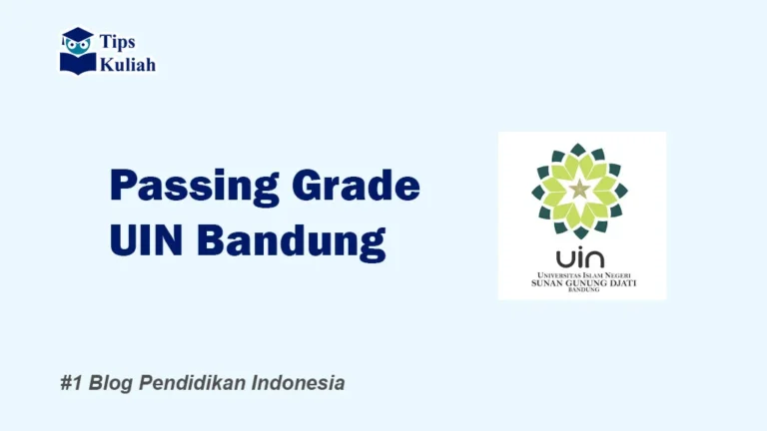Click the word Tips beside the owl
pos(118,42)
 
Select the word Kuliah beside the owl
pos(127,64)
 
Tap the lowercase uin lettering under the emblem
pos(580,257)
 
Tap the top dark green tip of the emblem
pos(579,149)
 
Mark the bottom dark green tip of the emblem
pos(579,232)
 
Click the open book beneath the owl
pos(77,63)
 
